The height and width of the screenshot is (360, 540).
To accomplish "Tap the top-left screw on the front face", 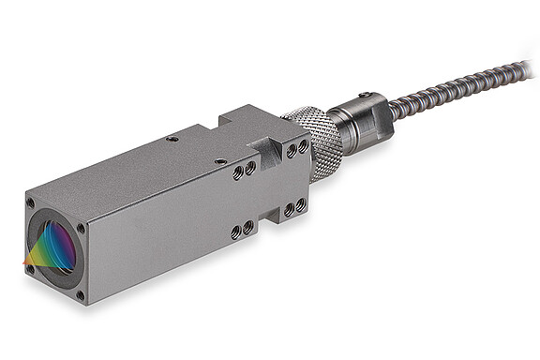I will click(x=31, y=202).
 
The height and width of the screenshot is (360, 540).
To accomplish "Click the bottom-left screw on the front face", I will click(x=31, y=269).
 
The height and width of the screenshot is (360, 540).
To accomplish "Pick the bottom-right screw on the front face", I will click(x=79, y=294).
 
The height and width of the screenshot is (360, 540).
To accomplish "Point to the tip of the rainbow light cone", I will click(x=25, y=265).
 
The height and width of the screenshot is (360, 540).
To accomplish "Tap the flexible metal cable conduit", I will click(x=450, y=90).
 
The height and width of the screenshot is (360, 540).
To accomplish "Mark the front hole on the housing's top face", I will click(x=219, y=160).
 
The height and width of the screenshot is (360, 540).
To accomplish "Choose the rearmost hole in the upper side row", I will click(x=303, y=147).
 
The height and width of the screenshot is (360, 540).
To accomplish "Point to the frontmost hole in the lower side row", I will click(x=235, y=232).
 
